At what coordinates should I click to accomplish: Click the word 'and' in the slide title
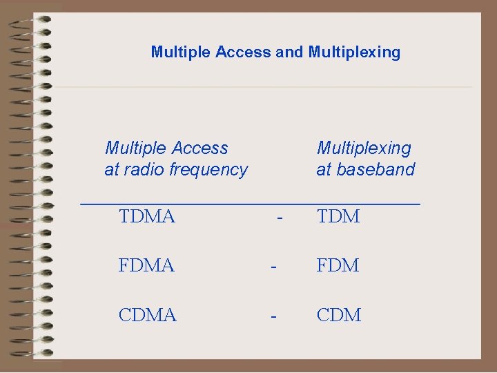[290, 52]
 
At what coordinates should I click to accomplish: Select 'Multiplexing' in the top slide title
[354, 52]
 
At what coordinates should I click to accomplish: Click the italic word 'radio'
[143, 170]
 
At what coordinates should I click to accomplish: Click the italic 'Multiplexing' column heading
[364, 149]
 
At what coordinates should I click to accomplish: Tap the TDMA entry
[146, 217]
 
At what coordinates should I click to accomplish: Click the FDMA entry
[146, 266]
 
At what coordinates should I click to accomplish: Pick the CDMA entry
[148, 316]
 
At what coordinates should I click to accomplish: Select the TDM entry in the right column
[338, 217]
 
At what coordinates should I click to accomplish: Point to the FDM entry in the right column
[338, 266]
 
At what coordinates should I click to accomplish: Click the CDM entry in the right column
[339, 316]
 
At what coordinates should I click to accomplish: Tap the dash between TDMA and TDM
[280, 218]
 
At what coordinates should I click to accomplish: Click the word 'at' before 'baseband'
[323, 170]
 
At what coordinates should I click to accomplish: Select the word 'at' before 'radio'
[111, 170]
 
